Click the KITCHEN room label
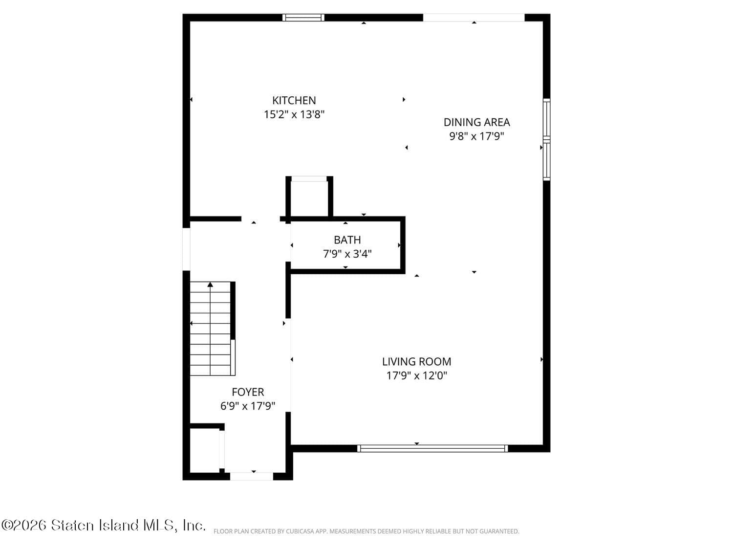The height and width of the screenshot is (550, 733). [294, 100]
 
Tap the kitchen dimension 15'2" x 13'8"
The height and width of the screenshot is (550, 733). [294, 114]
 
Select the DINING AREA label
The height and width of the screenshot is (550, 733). [476, 122]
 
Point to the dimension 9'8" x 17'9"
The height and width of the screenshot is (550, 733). [476, 136]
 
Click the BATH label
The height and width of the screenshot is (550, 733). [347, 240]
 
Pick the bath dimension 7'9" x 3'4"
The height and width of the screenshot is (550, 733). [347, 254]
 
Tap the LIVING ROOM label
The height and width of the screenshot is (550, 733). [416, 361]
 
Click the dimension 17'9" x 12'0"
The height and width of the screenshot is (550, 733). [416, 375]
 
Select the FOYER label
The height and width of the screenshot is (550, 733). [248, 392]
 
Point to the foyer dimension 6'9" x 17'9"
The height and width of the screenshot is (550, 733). [248, 406]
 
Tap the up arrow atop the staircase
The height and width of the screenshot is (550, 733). [210, 284]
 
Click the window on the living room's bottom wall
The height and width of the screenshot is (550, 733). [432, 448]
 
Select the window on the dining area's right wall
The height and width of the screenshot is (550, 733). [546, 140]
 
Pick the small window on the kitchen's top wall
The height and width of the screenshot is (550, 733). [303, 18]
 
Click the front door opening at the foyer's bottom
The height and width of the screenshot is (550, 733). [251, 476]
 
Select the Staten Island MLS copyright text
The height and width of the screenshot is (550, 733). [104, 525]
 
